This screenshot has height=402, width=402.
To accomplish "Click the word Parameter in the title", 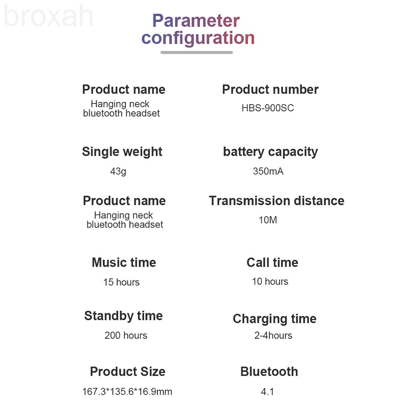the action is point(196,20).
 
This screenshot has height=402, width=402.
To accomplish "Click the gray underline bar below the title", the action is point(197,52).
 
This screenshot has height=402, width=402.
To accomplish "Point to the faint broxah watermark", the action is point(48,16).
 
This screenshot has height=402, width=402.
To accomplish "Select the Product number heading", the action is point(270,89).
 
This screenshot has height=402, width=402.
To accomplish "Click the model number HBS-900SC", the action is point(268,108).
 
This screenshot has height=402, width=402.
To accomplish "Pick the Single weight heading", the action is point(122,152).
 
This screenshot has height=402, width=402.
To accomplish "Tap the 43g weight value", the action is point(118,171).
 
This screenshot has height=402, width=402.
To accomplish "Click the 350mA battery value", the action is point(268,171).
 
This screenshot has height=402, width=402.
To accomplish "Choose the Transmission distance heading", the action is point(277,201).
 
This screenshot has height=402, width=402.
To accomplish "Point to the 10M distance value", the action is point(268,220).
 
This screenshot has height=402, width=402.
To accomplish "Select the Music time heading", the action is point(124,262).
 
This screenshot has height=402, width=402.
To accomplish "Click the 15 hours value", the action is point(121,282).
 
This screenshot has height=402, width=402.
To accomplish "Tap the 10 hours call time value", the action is point(270,281).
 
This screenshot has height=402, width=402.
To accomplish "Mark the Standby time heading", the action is point(124,316).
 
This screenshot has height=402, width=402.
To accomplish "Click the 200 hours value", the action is point(126,335).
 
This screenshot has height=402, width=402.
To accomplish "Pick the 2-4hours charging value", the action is point(273,335).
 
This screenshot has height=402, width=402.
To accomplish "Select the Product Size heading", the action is point(128,372).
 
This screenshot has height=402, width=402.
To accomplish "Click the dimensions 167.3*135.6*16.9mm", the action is point(127,391).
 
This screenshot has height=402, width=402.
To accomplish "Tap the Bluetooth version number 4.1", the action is point(267,391).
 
